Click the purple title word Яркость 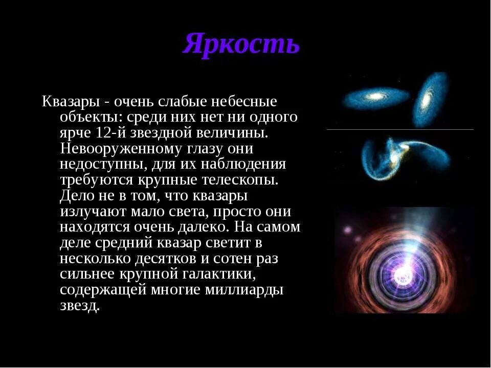(241, 44)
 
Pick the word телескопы (240, 180)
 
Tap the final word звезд (79, 306)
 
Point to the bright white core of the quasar (402, 273)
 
